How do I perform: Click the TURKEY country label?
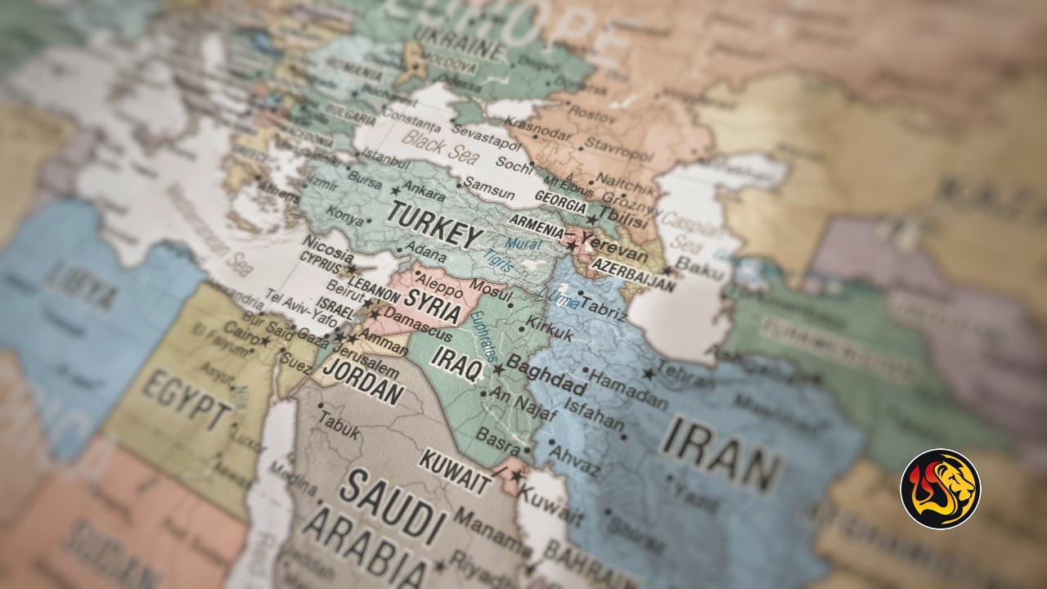pos(434,223)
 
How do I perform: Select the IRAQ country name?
pos(457,362)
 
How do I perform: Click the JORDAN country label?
pos(363,377)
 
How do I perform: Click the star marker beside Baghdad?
pos(497,370)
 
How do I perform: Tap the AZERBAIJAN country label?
pos(634,274)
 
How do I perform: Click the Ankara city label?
pos(424,191)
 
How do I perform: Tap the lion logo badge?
pos(940,488)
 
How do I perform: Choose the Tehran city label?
pos(685,373)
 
